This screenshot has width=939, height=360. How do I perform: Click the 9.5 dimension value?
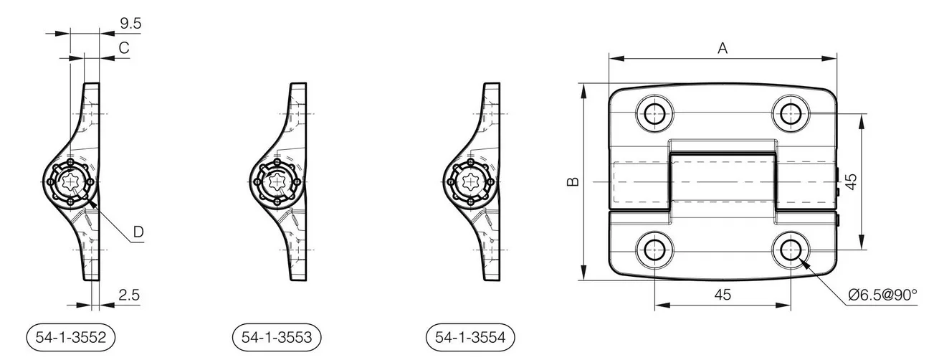pyautogui.click(x=130, y=24)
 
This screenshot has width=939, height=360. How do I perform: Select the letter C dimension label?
pyautogui.click(x=124, y=48)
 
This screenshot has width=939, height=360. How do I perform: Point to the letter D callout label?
pyautogui.click(x=138, y=232)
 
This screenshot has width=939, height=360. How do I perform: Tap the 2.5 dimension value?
pyautogui.click(x=129, y=295)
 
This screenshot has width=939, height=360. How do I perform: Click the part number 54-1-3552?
pyautogui.click(x=71, y=337)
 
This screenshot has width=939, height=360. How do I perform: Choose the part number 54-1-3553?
pyautogui.click(x=277, y=337)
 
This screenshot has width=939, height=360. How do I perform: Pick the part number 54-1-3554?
pyautogui.click(x=470, y=337)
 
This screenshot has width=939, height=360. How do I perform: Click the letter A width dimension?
pyautogui.click(x=723, y=49)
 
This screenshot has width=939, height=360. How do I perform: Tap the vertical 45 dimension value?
pyautogui.click(x=851, y=181)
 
